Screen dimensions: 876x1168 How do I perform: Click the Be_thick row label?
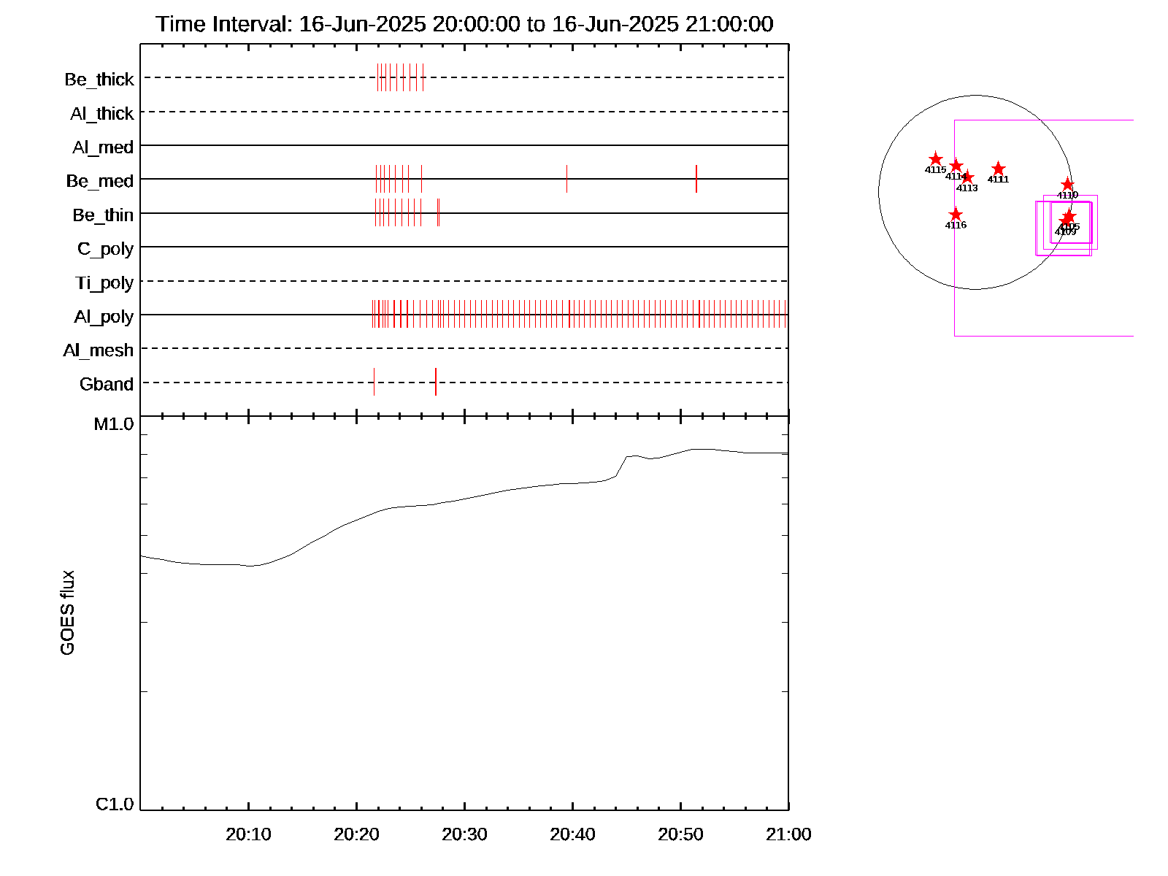pyautogui.click(x=99, y=79)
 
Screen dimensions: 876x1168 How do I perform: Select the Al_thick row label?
pyautogui.click(x=102, y=113)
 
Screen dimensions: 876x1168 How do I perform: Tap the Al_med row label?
pyautogui.click(x=103, y=147)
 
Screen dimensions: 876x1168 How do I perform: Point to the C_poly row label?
pyautogui.click(x=105, y=249)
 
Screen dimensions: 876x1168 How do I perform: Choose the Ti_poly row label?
pyautogui.click(x=104, y=283)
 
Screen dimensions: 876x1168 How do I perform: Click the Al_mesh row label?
pyautogui.click(x=99, y=350)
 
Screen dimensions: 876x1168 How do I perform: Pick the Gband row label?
pyautogui.click(x=107, y=384)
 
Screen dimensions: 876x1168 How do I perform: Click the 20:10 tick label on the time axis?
pyautogui.click(x=248, y=834)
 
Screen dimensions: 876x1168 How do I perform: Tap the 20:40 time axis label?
pyautogui.click(x=572, y=834)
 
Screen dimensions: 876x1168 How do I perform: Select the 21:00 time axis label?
pyautogui.click(x=788, y=834)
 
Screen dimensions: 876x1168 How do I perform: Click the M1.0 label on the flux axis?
pyautogui.click(x=114, y=424)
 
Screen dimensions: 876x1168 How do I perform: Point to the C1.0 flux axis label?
pyautogui.click(x=115, y=804)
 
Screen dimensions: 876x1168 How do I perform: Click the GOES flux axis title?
pyautogui.click(x=67, y=613)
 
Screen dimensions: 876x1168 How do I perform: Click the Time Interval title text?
pyautogui.click(x=464, y=24)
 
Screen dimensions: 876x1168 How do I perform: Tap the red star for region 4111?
pyautogui.click(x=999, y=169)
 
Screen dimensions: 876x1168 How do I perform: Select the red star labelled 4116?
pyautogui.click(x=956, y=215)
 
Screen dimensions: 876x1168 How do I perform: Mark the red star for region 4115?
pyautogui.click(x=936, y=159)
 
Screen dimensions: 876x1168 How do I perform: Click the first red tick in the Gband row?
pyautogui.click(x=374, y=382)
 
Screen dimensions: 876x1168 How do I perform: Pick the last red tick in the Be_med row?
pyautogui.click(x=696, y=179)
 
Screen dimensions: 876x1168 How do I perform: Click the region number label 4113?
pyautogui.click(x=967, y=188)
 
